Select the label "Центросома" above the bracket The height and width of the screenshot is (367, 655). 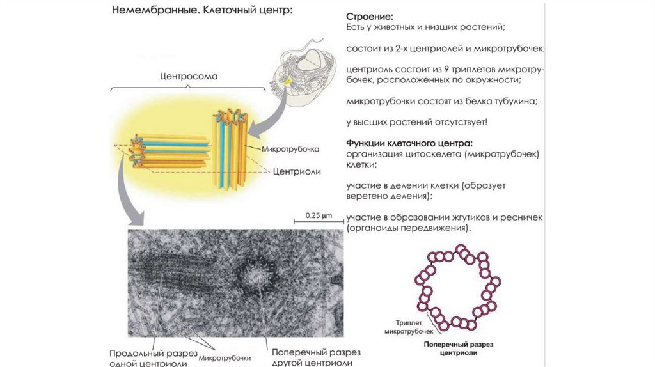coord(188,76)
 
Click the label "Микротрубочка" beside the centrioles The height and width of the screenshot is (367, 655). coord(290,149)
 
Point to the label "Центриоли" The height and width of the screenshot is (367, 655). coord(297,171)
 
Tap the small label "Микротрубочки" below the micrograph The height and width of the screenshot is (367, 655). coord(224,358)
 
